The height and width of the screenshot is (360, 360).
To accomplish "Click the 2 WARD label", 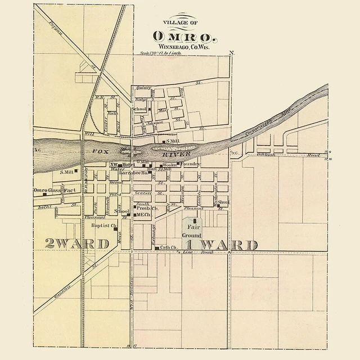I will pos(76,244).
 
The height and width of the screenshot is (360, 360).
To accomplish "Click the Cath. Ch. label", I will pos(169,247).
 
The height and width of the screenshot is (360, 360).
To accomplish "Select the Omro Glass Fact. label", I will pos(55,191).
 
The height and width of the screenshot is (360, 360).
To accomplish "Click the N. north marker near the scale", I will pos(231,53).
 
